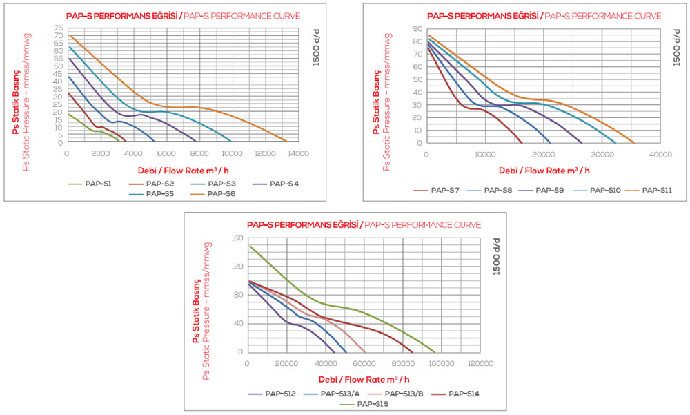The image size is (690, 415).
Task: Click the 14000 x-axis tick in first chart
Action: tap(298, 153)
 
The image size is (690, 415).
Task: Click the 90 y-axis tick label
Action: tap(417, 28)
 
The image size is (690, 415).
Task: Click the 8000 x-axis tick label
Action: tap(199, 153)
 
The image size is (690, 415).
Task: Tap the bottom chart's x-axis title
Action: tap(364, 379)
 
